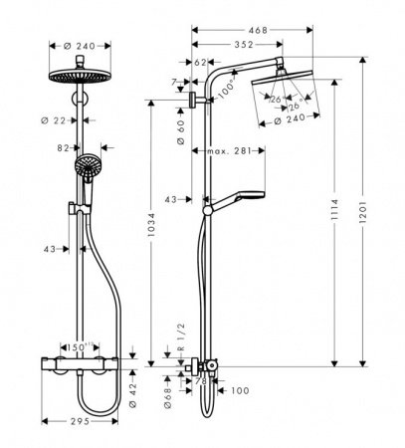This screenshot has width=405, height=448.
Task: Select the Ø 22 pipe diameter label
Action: click(x=57, y=120)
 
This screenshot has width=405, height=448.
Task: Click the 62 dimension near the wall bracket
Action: click(x=201, y=62)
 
